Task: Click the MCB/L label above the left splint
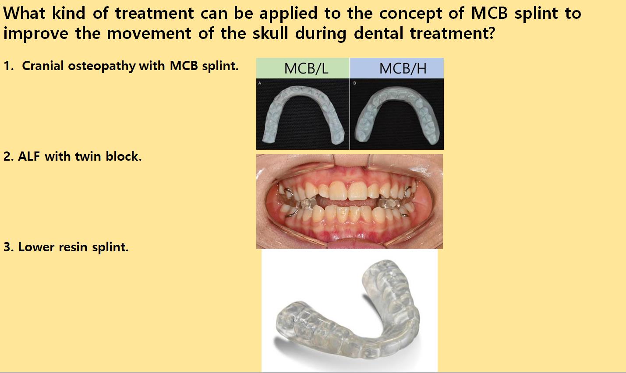tap(306, 68)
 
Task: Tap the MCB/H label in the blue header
tap(403, 68)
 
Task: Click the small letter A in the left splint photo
tap(260, 83)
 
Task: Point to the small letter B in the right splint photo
tap(355, 83)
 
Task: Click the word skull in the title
tap(270, 33)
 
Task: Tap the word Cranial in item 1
tap(43, 66)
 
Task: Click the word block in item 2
tap(124, 156)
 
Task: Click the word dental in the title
tap(378, 33)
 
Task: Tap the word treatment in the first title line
tap(155, 13)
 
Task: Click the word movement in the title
tap(149, 33)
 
